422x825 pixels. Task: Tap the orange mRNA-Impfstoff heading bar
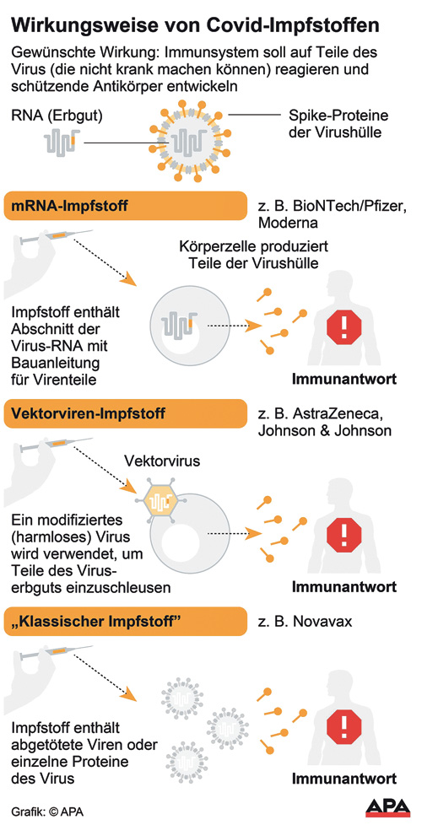click(125, 206)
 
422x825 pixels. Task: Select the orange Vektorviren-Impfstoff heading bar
click(125, 413)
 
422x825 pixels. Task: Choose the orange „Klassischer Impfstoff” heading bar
click(125, 622)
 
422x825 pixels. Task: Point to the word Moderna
click(288, 223)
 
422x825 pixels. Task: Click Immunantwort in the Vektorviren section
click(344, 586)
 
